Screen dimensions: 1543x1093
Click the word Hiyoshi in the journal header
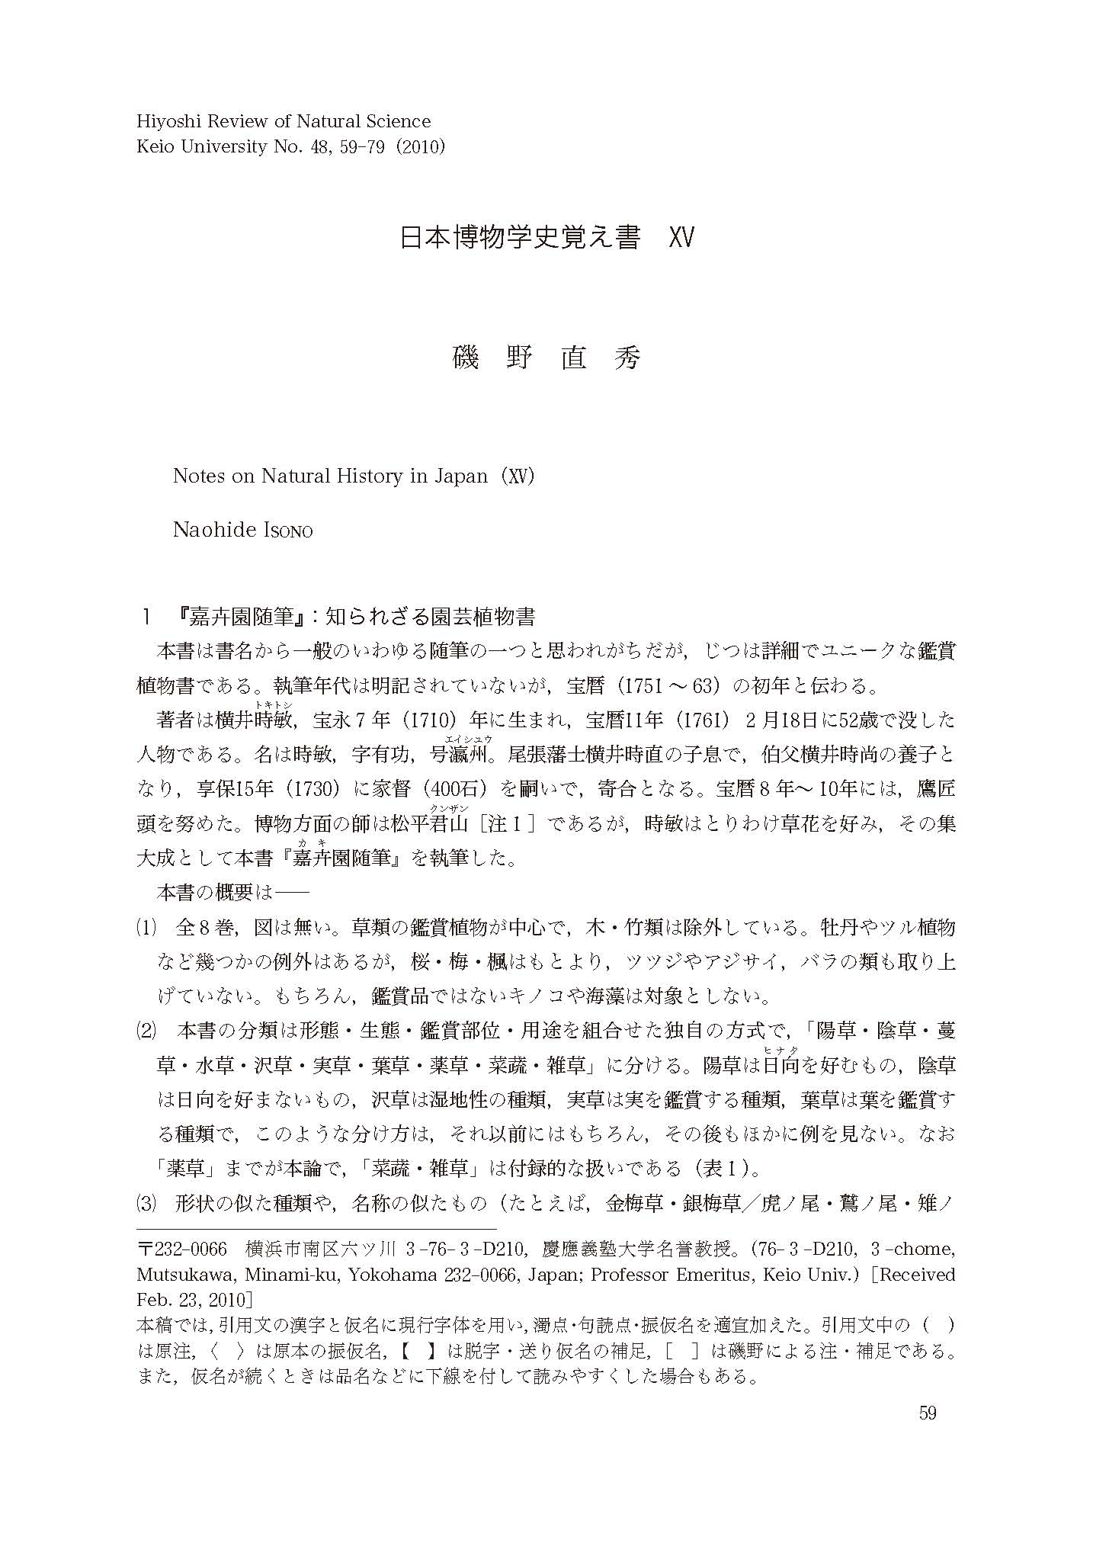point(165,121)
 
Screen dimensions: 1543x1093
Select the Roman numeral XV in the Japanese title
point(681,238)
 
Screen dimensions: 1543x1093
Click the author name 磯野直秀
point(546,358)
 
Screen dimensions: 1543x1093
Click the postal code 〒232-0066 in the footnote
point(182,1249)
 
